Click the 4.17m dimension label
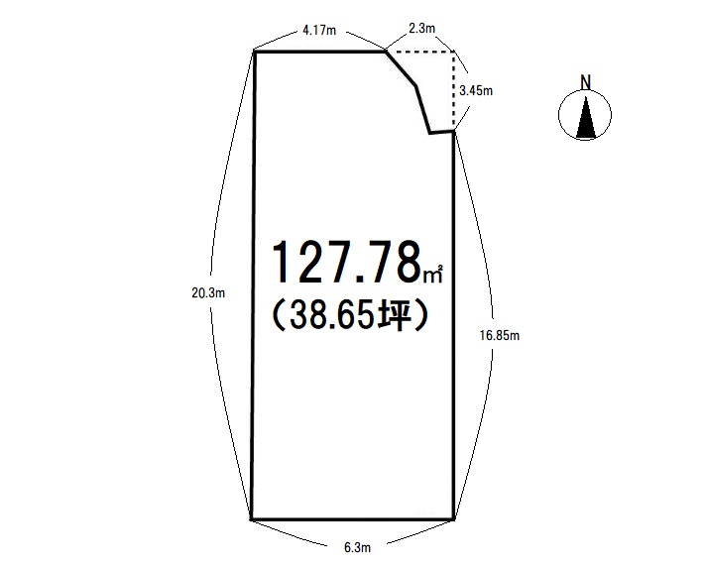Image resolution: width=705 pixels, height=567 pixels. [319, 31]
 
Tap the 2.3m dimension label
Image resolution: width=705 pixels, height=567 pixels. [421, 29]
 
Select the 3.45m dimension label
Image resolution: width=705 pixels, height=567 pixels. [476, 90]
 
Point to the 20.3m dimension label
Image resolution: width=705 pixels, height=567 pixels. [208, 293]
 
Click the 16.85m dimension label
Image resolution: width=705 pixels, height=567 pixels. [500, 335]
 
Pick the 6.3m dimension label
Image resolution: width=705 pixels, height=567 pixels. [358, 547]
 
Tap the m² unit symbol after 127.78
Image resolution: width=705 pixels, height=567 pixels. [433, 274]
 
